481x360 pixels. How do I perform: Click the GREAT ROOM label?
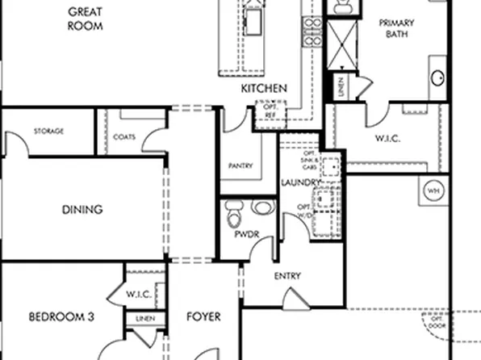click(87, 19)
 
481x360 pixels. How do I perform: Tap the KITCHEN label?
click(264, 89)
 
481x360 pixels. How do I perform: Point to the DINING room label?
click(82, 210)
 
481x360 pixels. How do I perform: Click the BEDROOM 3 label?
click(61, 317)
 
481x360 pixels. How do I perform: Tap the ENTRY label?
click(287, 276)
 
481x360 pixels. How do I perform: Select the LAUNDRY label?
click(301, 182)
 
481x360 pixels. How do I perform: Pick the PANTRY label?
click(240, 166)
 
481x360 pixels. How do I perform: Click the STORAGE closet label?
click(48, 132)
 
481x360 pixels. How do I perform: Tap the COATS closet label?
click(124, 137)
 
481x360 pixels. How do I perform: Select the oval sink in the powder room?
click(261, 208)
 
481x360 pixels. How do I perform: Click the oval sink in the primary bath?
click(439, 78)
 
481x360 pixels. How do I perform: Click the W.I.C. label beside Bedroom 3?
click(138, 294)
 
